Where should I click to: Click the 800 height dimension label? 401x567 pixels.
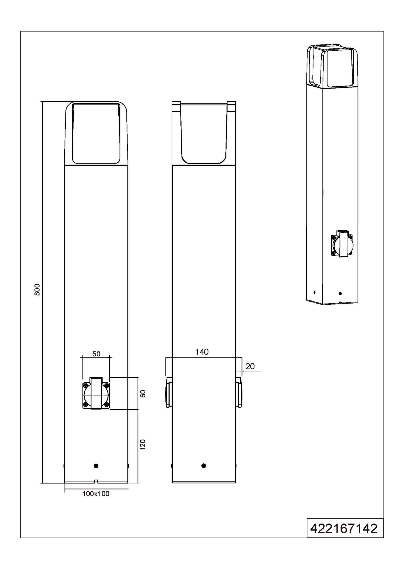[x=37, y=290]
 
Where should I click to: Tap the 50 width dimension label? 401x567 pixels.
[x=96, y=354]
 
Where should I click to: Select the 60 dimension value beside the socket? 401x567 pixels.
[x=143, y=394]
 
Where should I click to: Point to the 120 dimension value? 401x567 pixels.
[x=143, y=444]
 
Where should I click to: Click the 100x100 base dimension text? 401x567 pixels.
[x=96, y=494]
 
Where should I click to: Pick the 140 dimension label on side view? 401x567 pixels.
[x=202, y=352]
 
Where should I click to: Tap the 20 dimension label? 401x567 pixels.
[x=250, y=366]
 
